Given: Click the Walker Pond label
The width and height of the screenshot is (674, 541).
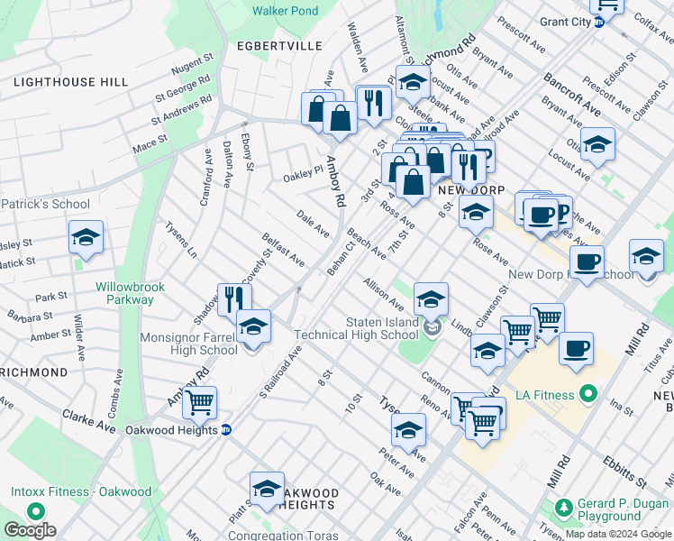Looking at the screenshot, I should pyautogui.click(x=285, y=11).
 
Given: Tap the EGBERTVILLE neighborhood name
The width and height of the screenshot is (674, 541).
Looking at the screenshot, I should pyautogui.click(x=266, y=45).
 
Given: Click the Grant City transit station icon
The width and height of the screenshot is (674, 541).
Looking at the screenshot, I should pyautogui.click(x=598, y=23).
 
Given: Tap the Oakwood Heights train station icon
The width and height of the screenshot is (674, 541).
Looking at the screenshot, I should pyautogui.click(x=226, y=430).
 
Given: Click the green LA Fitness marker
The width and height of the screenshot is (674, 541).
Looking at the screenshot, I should pyautogui.click(x=588, y=394).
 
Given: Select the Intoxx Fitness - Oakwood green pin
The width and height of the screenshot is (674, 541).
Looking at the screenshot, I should pyautogui.click(x=36, y=509).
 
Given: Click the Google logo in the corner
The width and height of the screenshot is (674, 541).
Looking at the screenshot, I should pyautogui.click(x=30, y=530).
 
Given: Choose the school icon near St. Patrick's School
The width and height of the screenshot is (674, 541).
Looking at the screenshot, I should pyautogui.click(x=86, y=237).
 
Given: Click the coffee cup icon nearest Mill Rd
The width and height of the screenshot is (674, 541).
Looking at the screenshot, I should pyautogui.click(x=576, y=347).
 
